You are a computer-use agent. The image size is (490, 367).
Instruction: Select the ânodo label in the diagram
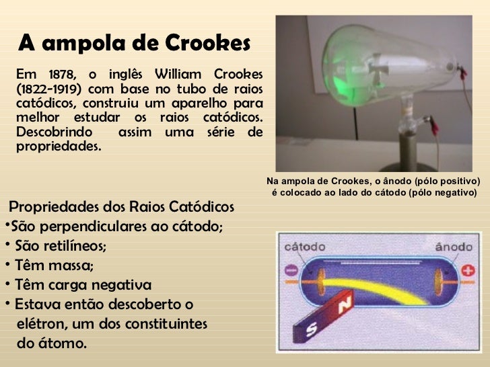point(454,247)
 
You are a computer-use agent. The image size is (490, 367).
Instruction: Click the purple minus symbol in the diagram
point(291,273)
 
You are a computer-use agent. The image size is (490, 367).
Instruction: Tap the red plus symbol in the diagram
point(466,273)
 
